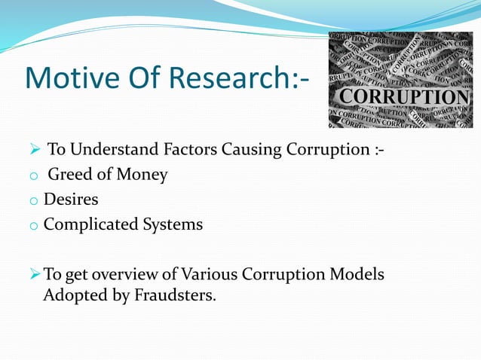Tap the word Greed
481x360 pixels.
coord(69,175)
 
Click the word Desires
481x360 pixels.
coord(71,200)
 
